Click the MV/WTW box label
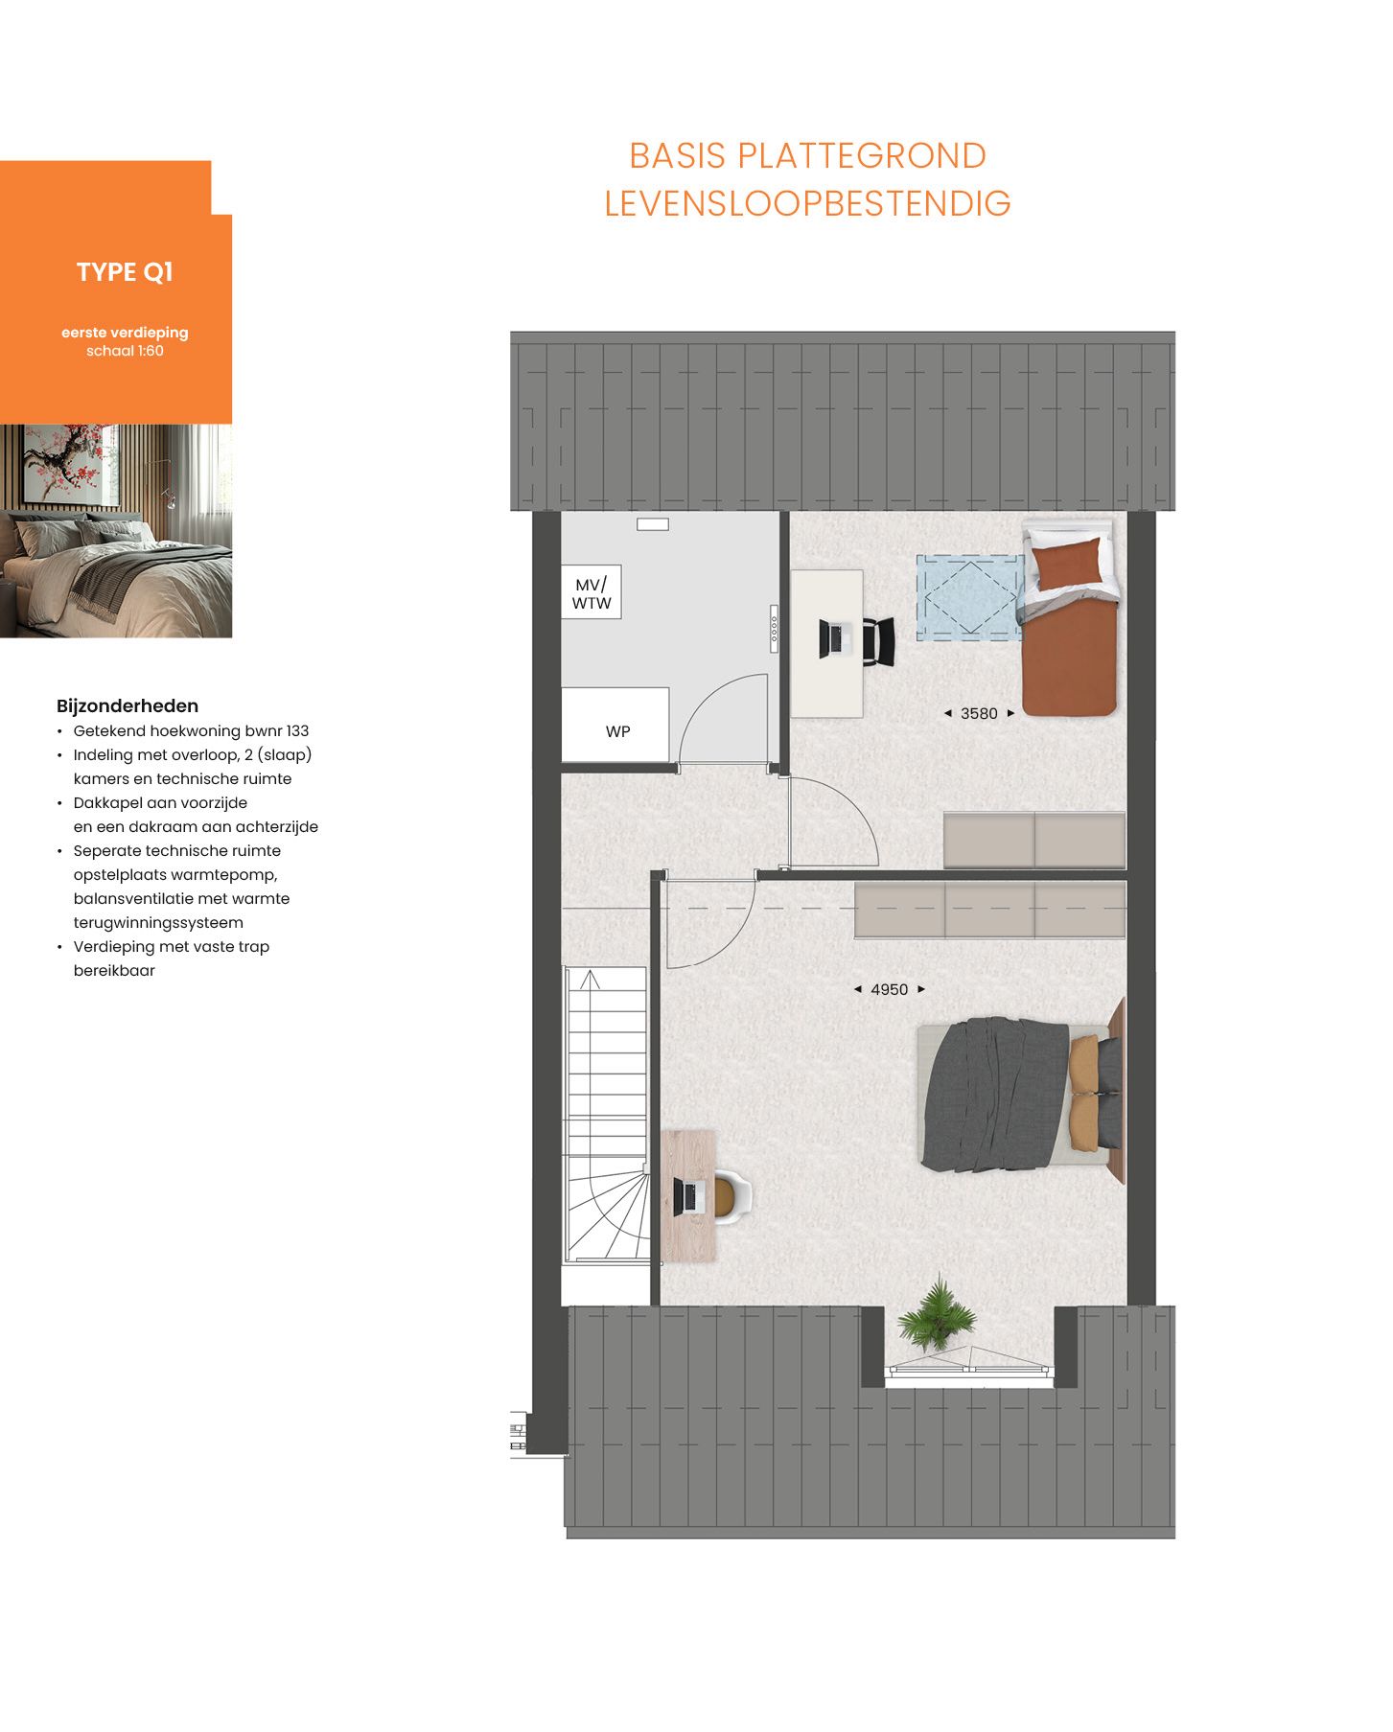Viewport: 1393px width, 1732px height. tap(592, 593)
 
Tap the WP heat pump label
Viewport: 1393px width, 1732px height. tap(617, 731)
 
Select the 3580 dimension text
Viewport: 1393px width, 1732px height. tap(979, 713)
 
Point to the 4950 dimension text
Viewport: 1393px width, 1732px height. tap(889, 989)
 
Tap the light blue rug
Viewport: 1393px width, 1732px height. tap(968, 596)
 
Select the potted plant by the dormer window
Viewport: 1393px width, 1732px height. tap(938, 1314)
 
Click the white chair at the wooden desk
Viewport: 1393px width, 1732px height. tap(733, 1195)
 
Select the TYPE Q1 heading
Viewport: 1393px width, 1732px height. tap(125, 272)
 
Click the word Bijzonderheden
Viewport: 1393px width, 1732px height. tap(128, 706)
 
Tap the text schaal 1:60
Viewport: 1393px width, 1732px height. tap(125, 351)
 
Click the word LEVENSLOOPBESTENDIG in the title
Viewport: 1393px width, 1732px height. tap(807, 203)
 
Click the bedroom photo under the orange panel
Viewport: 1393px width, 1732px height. tap(116, 531)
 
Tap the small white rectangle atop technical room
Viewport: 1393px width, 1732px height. tap(653, 524)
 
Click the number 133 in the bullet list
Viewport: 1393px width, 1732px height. tap(297, 731)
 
